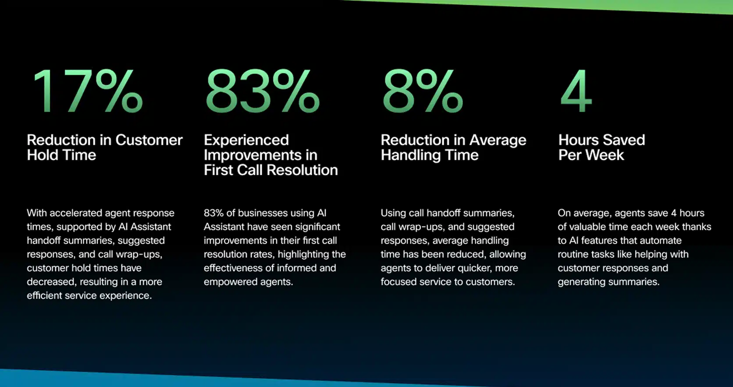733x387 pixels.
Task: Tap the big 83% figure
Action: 263,91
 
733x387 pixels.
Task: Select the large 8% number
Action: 423,91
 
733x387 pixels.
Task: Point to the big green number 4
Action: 576,91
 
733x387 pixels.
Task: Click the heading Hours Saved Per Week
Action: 601,147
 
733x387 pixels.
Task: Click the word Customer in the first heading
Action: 149,140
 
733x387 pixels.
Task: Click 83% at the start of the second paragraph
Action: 213,213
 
